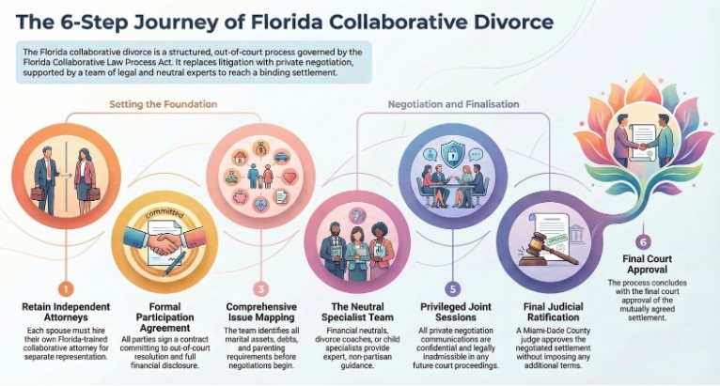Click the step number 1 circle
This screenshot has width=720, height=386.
(x=66, y=289)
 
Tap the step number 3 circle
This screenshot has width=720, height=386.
(x=260, y=289)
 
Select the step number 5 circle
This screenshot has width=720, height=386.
(x=453, y=289)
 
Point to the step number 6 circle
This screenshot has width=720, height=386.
(x=643, y=242)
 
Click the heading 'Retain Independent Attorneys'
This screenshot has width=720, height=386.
(x=66, y=312)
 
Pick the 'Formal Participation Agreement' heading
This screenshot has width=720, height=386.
(x=164, y=317)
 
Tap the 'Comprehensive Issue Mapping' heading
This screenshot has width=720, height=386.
(x=261, y=312)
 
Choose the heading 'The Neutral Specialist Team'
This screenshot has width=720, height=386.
(x=357, y=312)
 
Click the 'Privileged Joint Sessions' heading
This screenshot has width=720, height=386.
(x=456, y=312)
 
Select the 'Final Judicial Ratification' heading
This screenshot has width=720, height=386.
(x=554, y=312)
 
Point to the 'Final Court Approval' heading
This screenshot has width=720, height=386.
(x=647, y=264)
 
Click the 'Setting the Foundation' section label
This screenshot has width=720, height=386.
(x=163, y=104)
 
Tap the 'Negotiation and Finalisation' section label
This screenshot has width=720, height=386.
(x=454, y=104)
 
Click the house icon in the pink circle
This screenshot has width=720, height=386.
(x=240, y=157)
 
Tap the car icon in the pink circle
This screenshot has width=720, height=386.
(x=281, y=158)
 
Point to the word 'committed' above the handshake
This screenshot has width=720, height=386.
(x=164, y=213)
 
